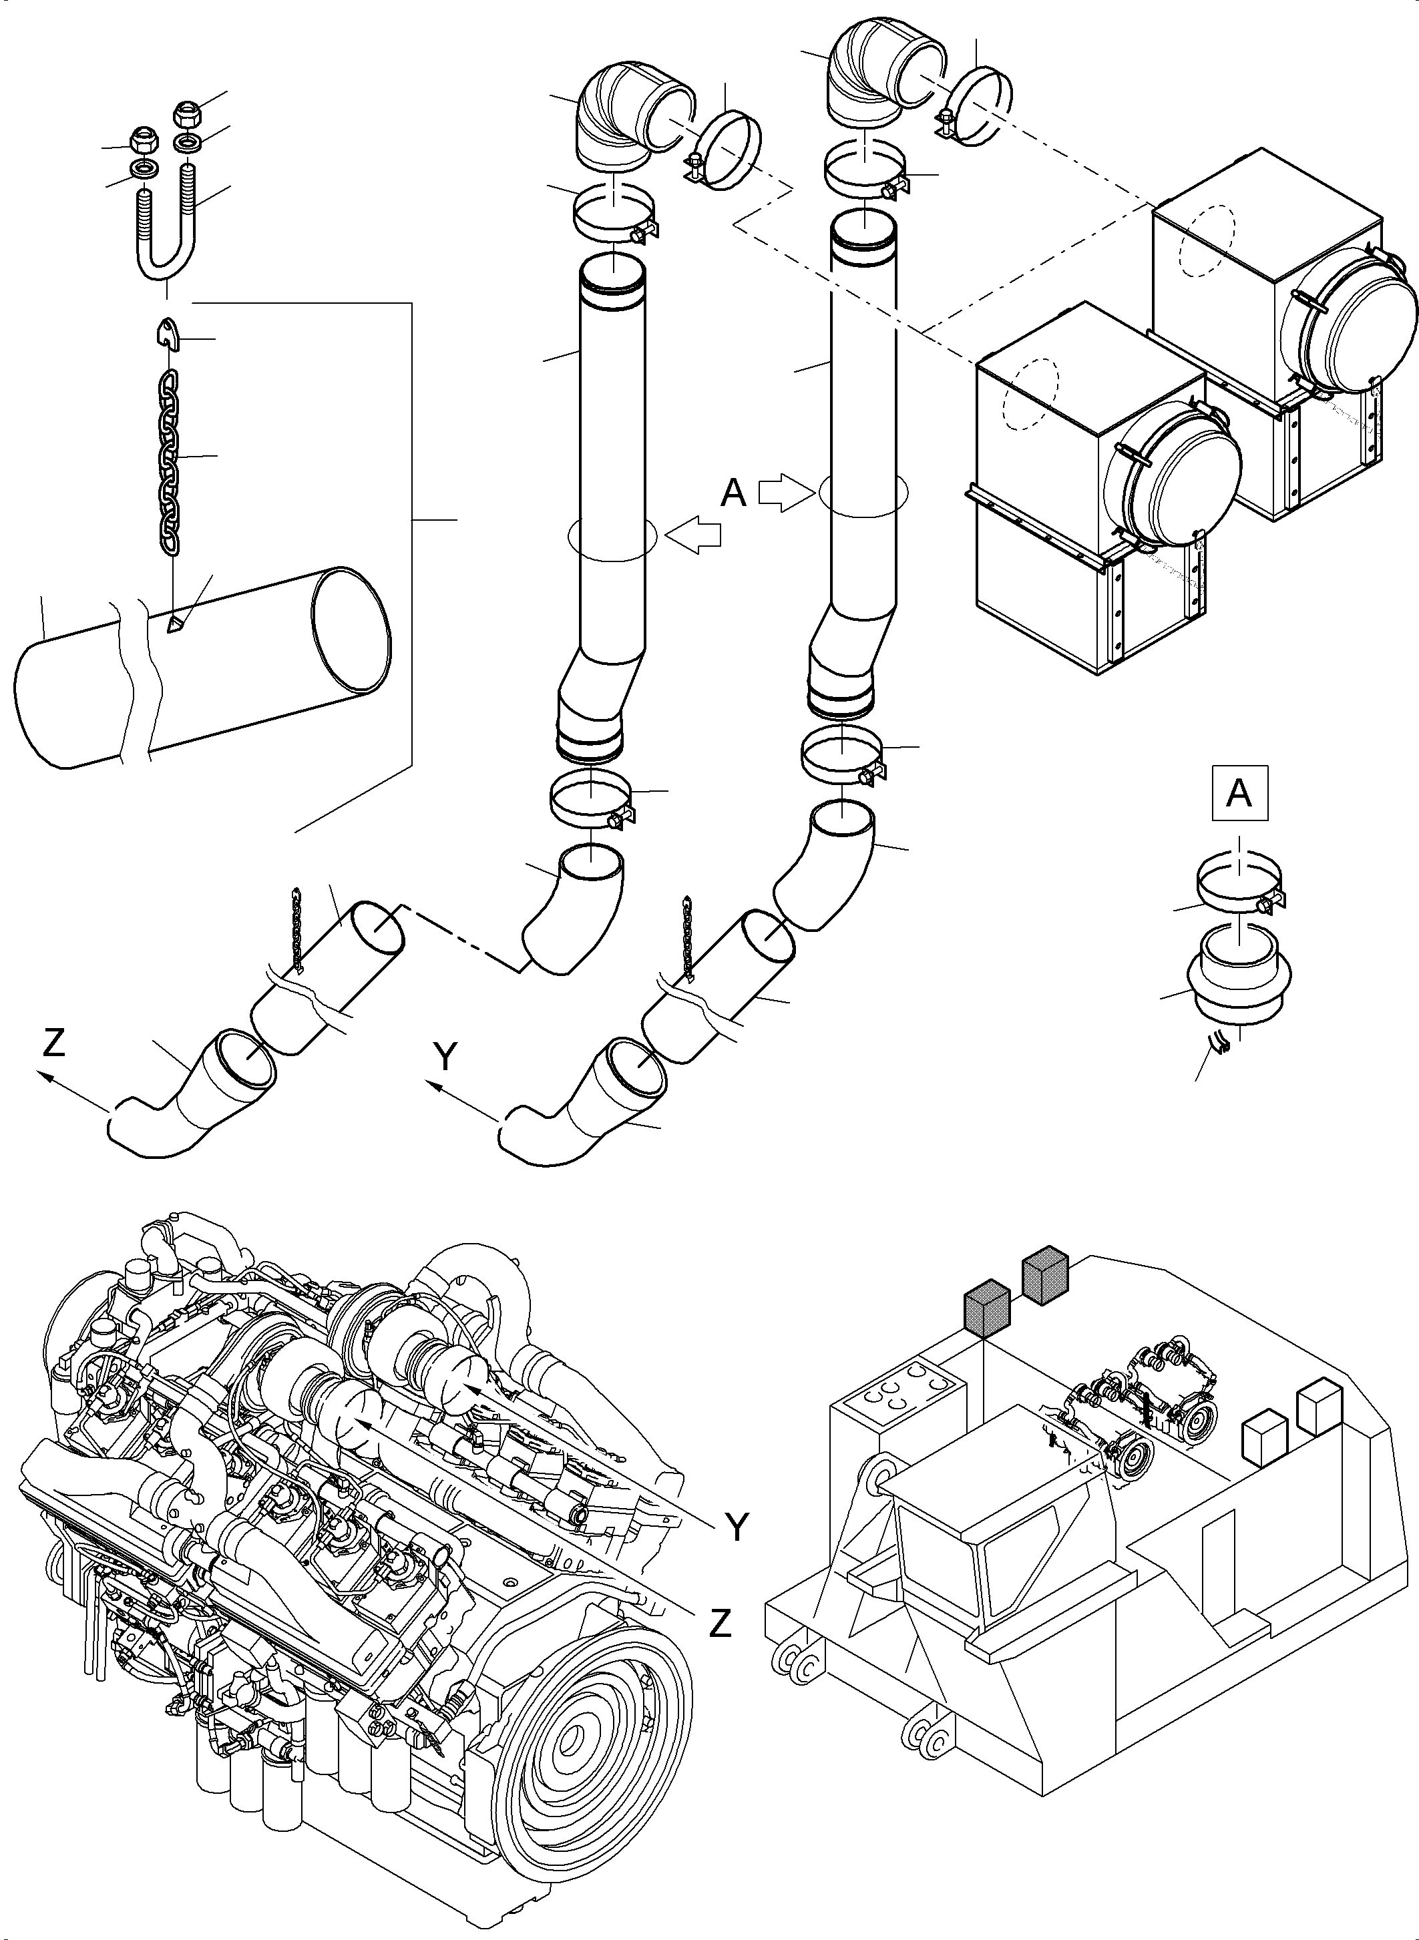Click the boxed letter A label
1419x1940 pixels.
click(1239, 794)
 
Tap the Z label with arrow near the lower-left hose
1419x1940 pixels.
click(53, 1043)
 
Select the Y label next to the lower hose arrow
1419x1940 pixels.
click(444, 1059)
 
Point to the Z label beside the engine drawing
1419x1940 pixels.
click(720, 1622)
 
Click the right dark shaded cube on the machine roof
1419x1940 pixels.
click(1044, 1275)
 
